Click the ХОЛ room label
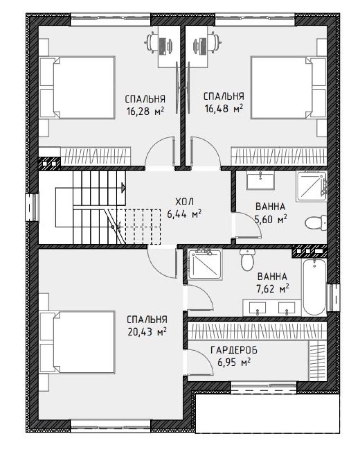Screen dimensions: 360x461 [185, 202]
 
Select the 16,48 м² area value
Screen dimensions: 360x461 [224, 109]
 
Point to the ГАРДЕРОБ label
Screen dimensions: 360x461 [234, 350]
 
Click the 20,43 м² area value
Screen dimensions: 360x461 [147, 332]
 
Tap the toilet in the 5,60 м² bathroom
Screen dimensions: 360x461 [316, 223]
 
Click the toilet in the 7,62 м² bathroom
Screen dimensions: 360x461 [247, 260]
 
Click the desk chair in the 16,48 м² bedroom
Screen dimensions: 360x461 [213, 42]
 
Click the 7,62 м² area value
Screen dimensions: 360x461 [272, 289]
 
